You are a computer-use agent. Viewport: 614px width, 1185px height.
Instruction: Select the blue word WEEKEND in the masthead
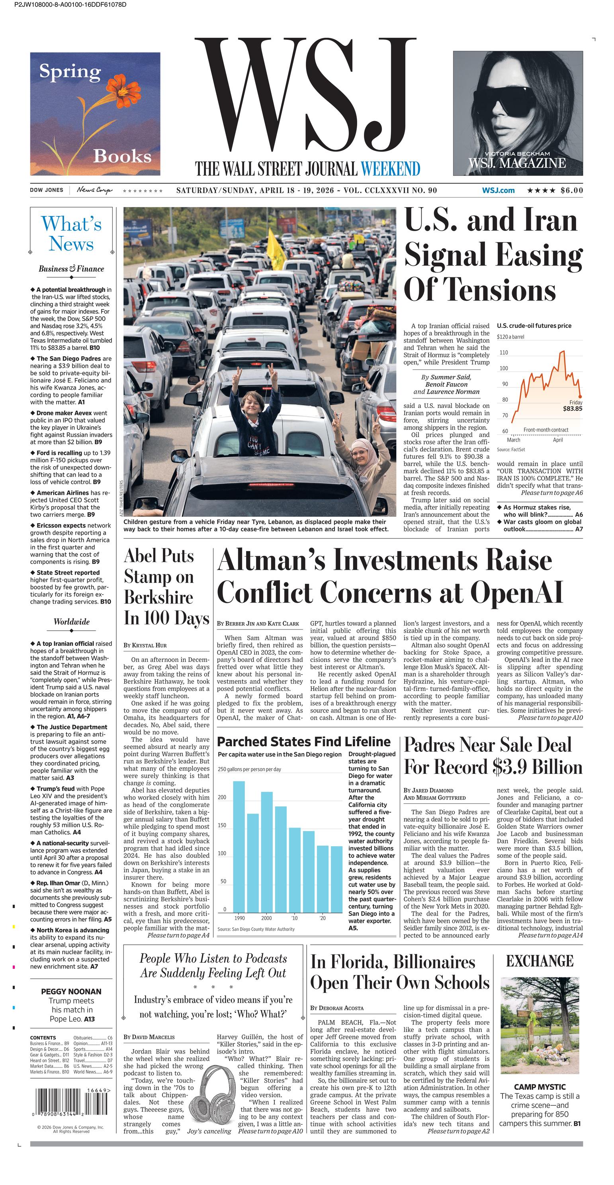pyautogui.click(x=390, y=169)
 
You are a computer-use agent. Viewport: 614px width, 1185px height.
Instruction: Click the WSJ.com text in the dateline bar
pyautogui.click(x=498, y=190)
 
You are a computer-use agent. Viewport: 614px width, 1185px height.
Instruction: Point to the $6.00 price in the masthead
pyautogui.click(x=572, y=190)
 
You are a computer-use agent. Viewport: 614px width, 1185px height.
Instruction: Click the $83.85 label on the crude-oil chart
pyautogui.click(x=572, y=408)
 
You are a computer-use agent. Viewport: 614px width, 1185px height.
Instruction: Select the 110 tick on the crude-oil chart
pyautogui.click(x=504, y=353)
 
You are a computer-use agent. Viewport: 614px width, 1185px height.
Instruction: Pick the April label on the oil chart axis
pyautogui.click(x=557, y=440)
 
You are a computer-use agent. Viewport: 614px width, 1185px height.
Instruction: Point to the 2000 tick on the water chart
pyautogui.click(x=266, y=918)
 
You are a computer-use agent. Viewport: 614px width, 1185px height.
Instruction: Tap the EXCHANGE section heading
pyautogui.click(x=540, y=961)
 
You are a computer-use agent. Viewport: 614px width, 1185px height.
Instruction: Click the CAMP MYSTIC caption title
pyautogui.click(x=540, y=1087)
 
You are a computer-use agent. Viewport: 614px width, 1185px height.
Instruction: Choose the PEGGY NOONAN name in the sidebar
pyautogui.click(x=71, y=992)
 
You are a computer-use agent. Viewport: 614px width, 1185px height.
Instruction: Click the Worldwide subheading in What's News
pyautogui.click(x=72, y=622)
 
